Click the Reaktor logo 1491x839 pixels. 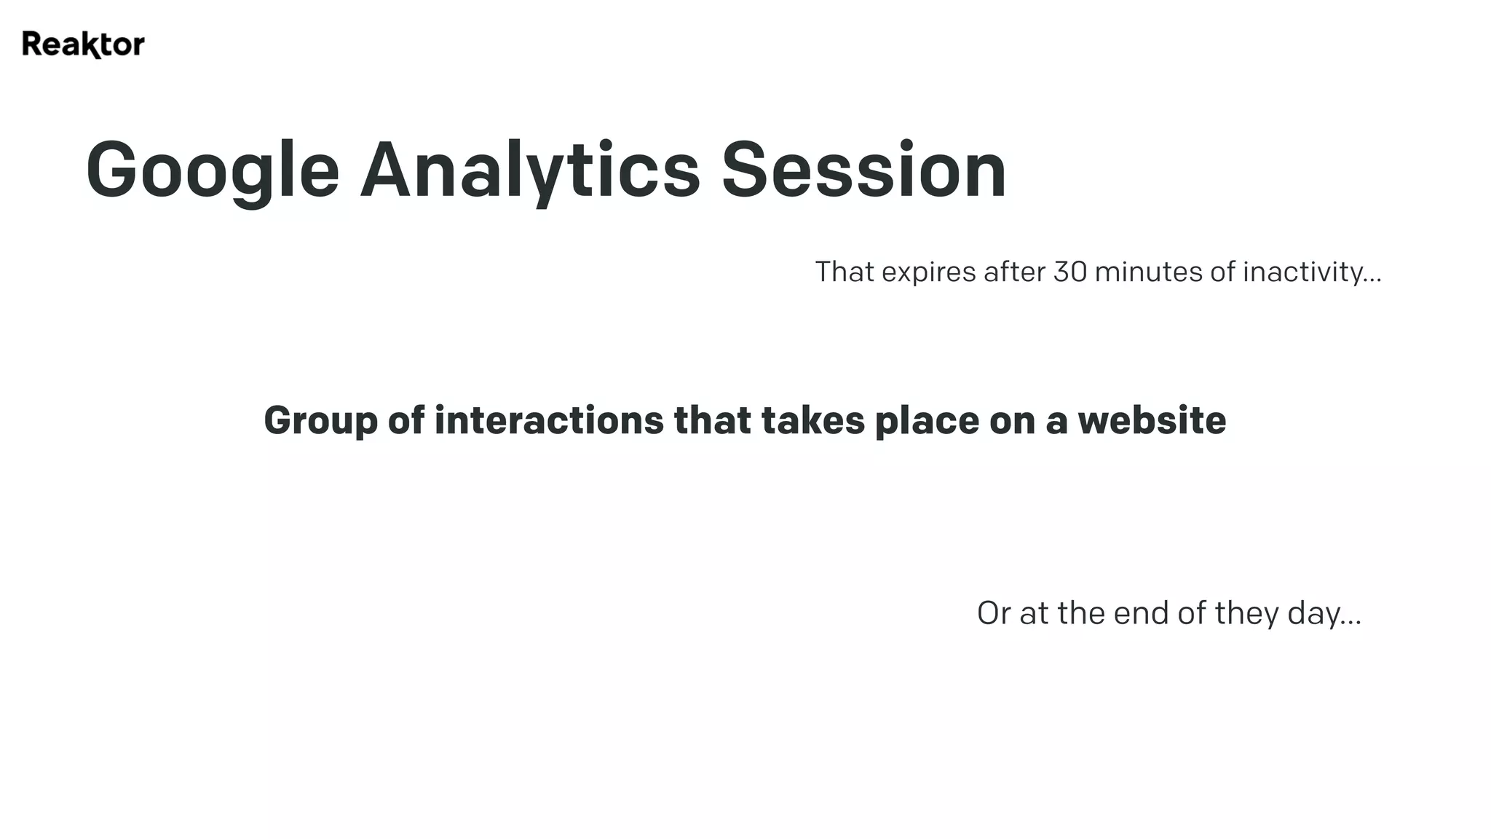tap(83, 44)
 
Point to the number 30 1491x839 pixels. tap(1069, 272)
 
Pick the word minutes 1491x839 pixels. tap(1148, 272)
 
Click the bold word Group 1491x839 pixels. tap(320, 422)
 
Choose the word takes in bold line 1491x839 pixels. tap(812, 420)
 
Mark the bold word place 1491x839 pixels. tap(927, 422)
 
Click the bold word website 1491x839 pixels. tap(1152, 420)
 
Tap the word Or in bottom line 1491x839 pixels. tap(994, 613)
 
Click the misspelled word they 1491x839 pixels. tap(1246, 614)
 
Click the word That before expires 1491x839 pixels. tap(845, 272)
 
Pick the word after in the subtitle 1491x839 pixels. tap(1014, 272)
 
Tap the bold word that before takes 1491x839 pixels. tap(712, 420)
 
